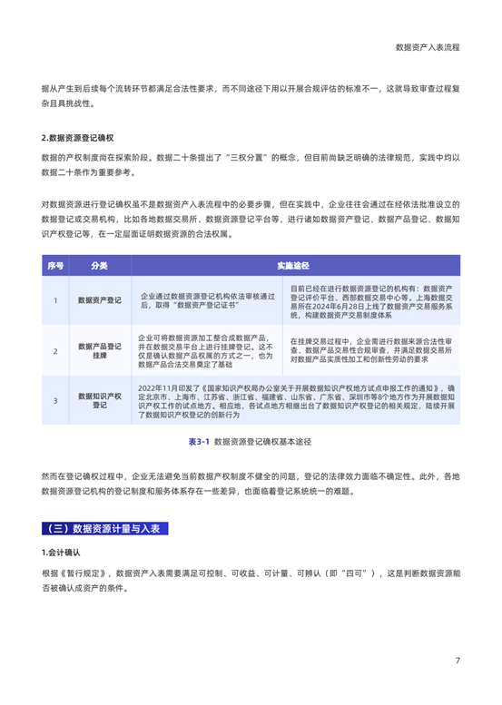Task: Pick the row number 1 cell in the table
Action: pos(55,300)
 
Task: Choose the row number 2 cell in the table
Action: pos(55,350)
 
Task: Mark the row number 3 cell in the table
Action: pos(55,400)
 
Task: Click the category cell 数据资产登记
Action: pos(100,300)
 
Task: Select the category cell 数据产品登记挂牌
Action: pos(100,350)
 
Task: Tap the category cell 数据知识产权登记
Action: pos(100,400)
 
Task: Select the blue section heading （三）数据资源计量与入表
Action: pos(103,529)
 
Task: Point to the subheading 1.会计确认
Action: pos(64,552)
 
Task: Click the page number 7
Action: pos(458,661)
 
